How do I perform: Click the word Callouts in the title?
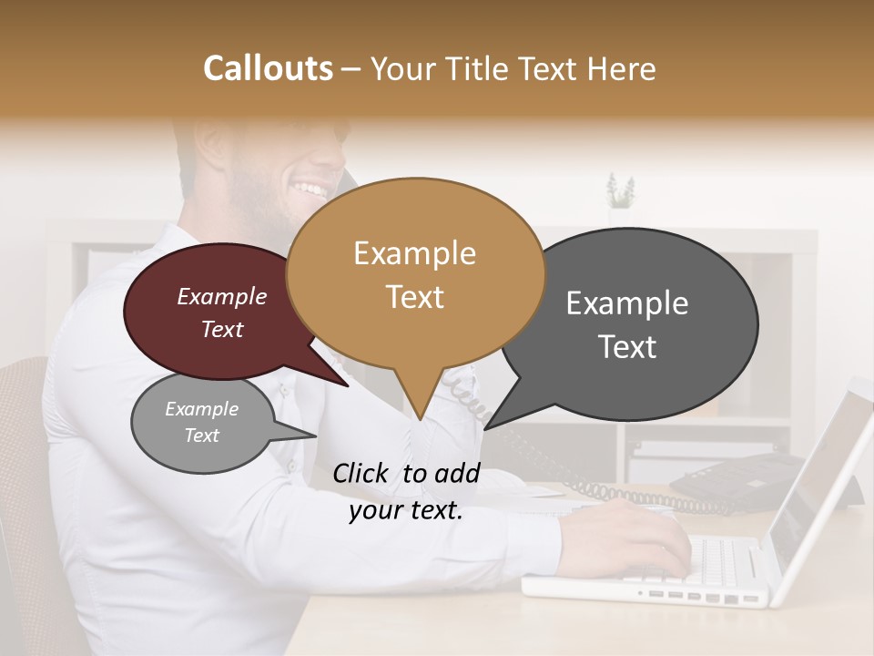click(268, 68)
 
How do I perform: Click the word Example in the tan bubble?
click(414, 253)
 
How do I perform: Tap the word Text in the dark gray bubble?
click(627, 347)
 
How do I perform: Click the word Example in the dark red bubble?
click(221, 296)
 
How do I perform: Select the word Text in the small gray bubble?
click(201, 436)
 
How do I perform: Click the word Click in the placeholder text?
click(360, 473)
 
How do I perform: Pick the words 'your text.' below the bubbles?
click(406, 511)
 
